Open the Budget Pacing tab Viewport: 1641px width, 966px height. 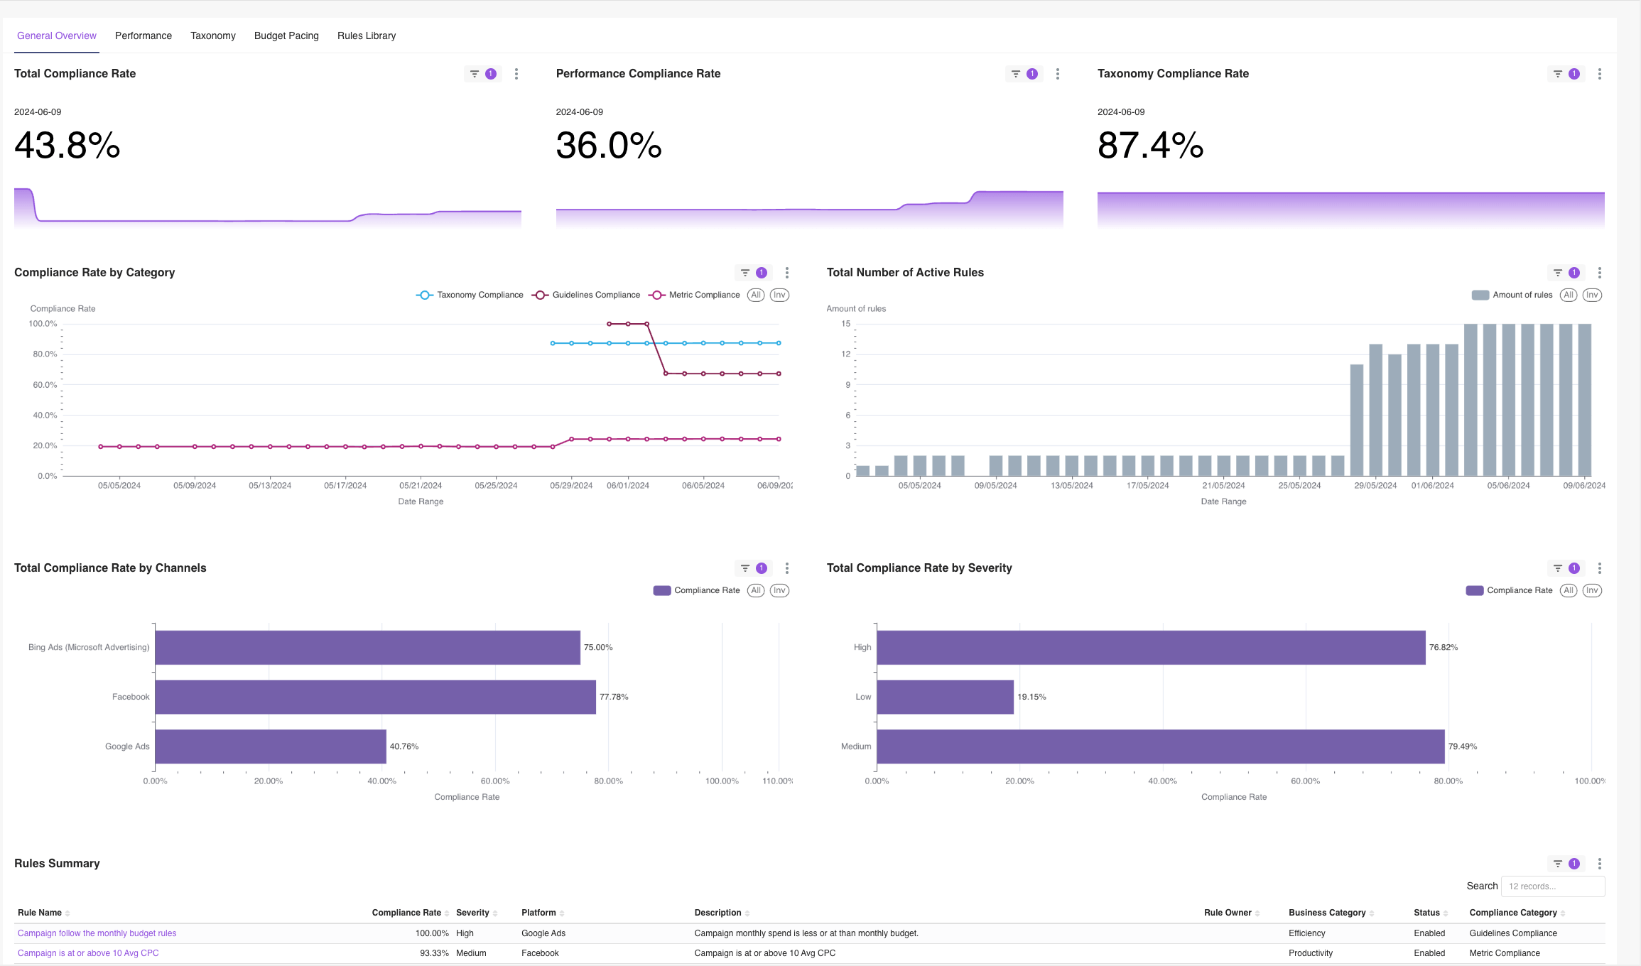(x=286, y=36)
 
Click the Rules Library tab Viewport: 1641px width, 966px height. (x=367, y=36)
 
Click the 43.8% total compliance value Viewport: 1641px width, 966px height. (x=67, y=146)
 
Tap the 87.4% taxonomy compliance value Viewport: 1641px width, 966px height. (x=1150, y=146)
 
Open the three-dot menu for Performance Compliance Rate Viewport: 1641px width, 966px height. (x=1058, y=74)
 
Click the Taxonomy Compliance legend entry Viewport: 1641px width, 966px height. (x=470, y=295)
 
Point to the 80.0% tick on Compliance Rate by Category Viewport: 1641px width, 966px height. (x=44, y=354)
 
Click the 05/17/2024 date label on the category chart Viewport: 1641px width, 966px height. (x=345, y=486)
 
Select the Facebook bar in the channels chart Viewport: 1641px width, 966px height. (x=375, y=697)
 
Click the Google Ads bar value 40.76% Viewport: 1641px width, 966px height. (x=404, y=747)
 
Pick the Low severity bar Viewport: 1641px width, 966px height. (x=945, y=697)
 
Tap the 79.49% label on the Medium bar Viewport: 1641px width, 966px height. (x=1463, y=747)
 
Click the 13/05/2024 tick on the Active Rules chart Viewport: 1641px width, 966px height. (x=1072, y=486)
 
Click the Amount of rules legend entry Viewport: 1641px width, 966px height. (x=1513, y=295)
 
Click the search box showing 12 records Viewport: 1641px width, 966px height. (x=1552, y=886)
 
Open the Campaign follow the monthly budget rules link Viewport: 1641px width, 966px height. (x=97, y=933)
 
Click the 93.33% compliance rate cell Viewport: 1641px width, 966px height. (x=434, y=953)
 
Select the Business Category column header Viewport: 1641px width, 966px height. (x=1327, y=913)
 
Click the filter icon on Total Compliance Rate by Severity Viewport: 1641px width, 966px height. (x=1558, y=568)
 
